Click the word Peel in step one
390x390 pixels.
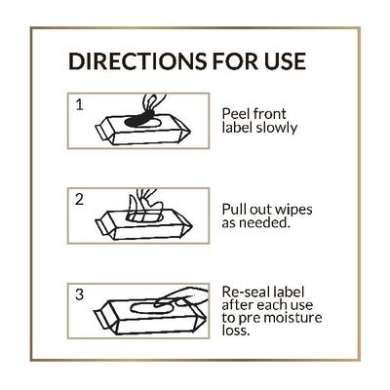click(237, 111)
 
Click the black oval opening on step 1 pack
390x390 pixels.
click(140, 119)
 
